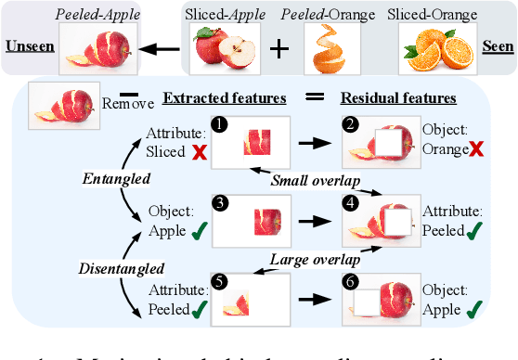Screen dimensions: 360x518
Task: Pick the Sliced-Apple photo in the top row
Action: point(223,48)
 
